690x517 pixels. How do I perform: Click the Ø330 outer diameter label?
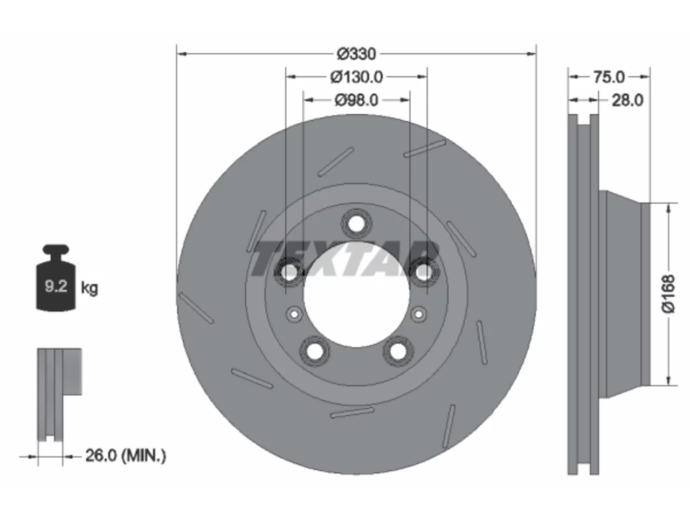[x=356, y=54]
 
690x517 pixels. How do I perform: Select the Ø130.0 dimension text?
[x=356, y=77]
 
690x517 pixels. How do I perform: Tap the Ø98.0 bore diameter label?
[x=356, y=101]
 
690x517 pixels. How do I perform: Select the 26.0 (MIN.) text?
[x=126, y=456]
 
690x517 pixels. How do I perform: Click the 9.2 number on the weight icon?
[x=56, y=286]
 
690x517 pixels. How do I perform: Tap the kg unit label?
[x=89, y=288]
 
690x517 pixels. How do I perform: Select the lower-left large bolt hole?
[x=315, y=351]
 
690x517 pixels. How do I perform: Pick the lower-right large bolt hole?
[x=398, y=351]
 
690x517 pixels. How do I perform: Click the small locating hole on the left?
[x=294, y=313]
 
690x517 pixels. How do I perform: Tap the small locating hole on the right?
[x=419, y=313]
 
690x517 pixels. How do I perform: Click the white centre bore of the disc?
[x=356, y=294]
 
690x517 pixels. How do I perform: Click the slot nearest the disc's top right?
[x=425, y=149]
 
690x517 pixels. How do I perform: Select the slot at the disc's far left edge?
[x=196, y=308]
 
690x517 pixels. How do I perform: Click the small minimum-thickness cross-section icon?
[x=59, y=394]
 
